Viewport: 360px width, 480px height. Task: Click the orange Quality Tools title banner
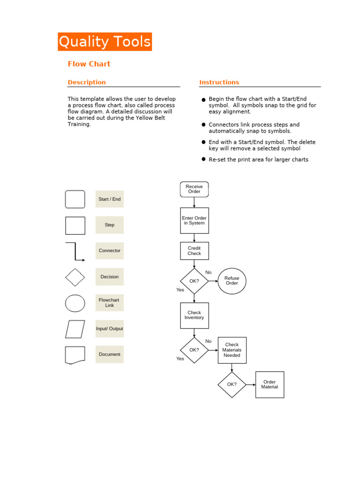click(105, 42)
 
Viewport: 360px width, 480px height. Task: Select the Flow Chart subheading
click(89, 64)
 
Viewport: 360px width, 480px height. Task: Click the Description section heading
click(87, 82)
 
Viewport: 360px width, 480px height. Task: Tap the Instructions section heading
click(219, 82)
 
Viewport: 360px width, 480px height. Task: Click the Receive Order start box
click(194, 189)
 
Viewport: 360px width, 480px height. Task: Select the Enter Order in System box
click(194, 220)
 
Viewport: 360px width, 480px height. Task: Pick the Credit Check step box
click(194, 251)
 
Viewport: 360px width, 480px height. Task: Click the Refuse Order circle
click(232, 281)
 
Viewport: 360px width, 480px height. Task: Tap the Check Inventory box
click(194, 315)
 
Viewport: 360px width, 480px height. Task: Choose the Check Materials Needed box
click(232, 350)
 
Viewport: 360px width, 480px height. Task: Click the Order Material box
click(270, 384)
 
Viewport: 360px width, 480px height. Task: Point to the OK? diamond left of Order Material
click(232, 384)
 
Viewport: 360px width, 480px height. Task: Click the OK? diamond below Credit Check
click(194, 281)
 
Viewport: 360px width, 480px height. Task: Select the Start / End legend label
click(110, 199)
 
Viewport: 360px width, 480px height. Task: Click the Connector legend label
click(110, 251)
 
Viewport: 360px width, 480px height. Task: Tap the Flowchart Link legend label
click(110, 302)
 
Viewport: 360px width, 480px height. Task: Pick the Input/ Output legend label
click(110, 329)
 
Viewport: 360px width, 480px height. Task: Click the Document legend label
click(110, 354)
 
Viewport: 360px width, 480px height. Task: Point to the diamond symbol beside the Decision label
click(75, 277)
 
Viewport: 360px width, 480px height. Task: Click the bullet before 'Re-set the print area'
click(203, 159)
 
